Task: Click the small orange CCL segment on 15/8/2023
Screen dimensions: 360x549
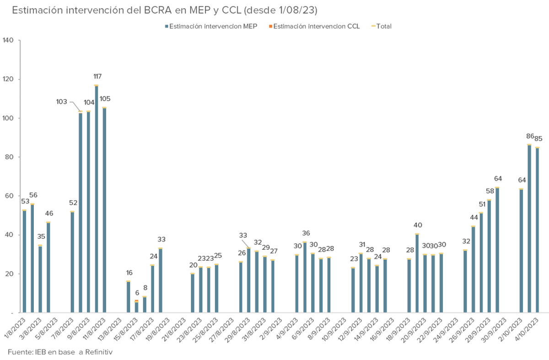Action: (x=136, y=301)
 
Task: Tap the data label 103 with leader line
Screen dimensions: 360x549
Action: (x=62, y=101)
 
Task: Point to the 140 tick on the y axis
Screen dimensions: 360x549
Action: (x=9, y=40)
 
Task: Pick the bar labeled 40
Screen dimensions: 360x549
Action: (x=417, y=274)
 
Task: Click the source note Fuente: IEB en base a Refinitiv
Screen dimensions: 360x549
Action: (x=60, y=352)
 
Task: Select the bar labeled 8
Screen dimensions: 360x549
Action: (x=145, y=305)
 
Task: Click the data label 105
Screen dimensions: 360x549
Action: (x=105, y=99)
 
